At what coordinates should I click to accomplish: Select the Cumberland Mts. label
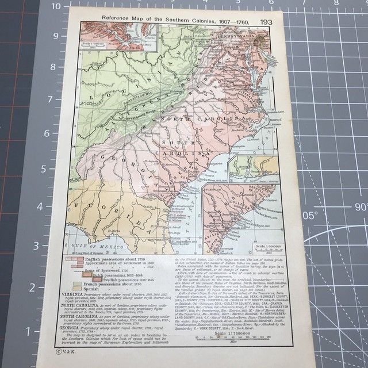tap(145, 99)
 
